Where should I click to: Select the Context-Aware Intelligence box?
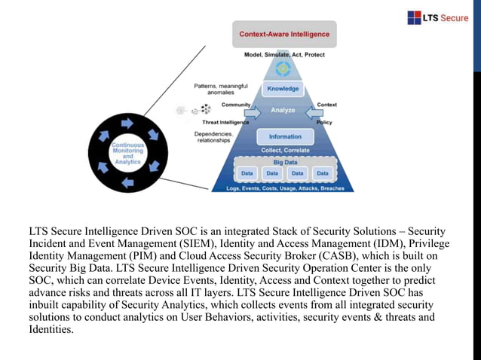pyautogui.click(x=284, y=35)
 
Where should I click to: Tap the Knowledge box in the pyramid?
pyautogui.click(x=283, y=89)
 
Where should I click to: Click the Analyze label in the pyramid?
pyautogui.click(x=283, y=110)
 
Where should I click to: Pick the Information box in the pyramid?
pyautogui.click(x=284, y=137)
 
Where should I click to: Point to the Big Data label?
pyautogui.click(x=284, y=162)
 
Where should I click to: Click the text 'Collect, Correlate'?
pyautogui.click(x=284, y=150)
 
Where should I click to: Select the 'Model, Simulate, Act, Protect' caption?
pyautogui.click(x=284, y=55)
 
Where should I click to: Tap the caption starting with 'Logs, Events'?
pyautogui.click(x=285, y=188)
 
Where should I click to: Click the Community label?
pyautogui.click(x=236, y=105)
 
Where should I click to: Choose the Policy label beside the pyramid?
pyautogui.click(x=324, y=121)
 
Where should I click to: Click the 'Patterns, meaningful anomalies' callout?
pyautogui.click(x=216, y=89)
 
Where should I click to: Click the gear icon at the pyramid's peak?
pyautogui.click(x=283, y=69)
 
